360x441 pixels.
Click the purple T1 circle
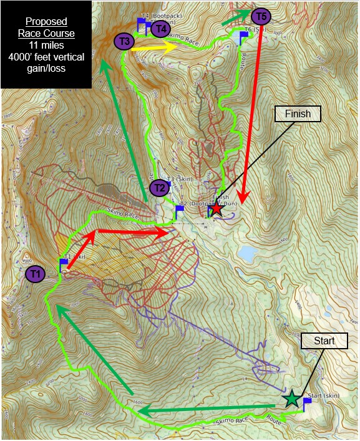(x=35, y=273)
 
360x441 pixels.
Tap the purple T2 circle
(x=159, y=187)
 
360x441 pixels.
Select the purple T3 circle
(x=124, y=41)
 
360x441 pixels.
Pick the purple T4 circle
(x=161, y=27)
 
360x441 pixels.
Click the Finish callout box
(x=298, y=114)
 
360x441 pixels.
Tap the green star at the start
(x=291, y=399)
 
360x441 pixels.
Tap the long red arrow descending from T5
(x=250, y=112)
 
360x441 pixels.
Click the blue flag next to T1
(x=64, y=263)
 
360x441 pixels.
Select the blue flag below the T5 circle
(x=243, y=36)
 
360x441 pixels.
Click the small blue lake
(x=249, y=253)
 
